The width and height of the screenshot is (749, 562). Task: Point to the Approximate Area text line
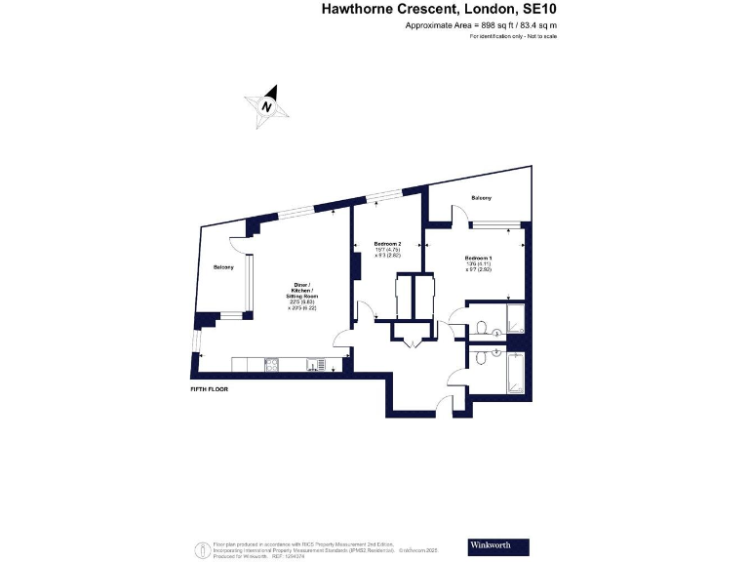point(482,24)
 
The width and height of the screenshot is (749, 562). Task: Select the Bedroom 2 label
point(387,243)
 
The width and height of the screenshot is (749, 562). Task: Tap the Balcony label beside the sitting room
point(222,267)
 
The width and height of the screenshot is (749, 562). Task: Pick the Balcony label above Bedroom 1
point(481,198)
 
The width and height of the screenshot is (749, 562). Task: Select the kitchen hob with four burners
point(272,365)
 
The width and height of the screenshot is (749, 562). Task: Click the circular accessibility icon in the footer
point(200,546)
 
